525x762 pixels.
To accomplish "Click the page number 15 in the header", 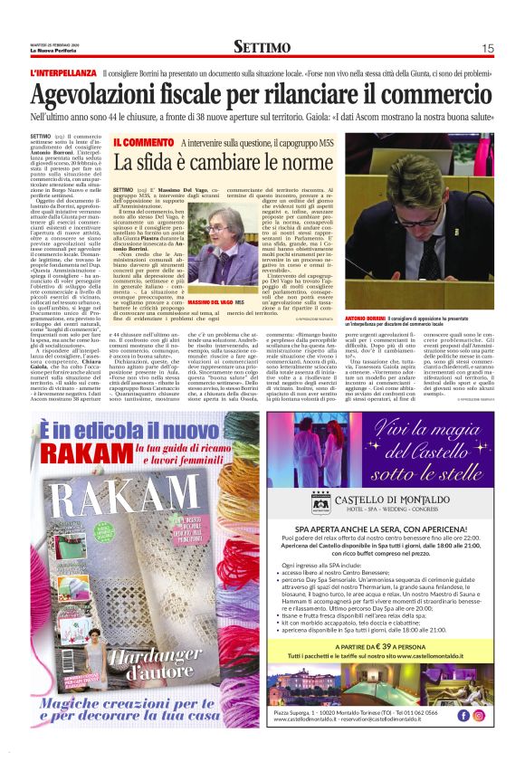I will point(487,48).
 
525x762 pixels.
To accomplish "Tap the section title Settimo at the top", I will point(262,47).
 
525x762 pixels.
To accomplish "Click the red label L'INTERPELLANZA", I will point(62,72).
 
